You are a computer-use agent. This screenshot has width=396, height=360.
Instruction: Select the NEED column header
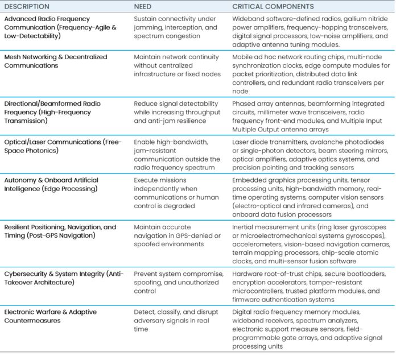(142, 7)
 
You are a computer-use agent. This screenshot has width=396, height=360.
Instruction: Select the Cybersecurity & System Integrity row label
(63, 278)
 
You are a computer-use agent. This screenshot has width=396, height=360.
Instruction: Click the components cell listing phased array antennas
(307, 116)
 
